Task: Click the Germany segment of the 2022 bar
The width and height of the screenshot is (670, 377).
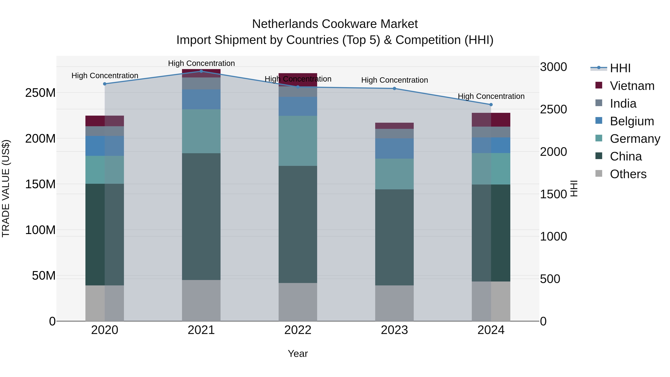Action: [x=298, y=141]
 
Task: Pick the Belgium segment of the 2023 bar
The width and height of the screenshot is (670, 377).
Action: [x=394, y=148]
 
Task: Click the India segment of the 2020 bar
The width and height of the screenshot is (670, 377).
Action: [x=105, y=131]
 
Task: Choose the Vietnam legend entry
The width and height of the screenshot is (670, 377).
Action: [x=632, y=86]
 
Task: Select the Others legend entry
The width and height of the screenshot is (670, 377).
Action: [x=628, y=174]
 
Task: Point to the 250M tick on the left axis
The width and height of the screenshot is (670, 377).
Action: [x=40, y=93]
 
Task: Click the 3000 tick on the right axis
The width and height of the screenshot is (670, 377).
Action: [x=553, y=67]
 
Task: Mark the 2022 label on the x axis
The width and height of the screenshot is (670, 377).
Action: [x=298, y=330]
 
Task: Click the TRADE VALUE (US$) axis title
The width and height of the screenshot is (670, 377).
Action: [x=6, y=188]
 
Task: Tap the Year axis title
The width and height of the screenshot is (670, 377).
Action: [x=298, y=354]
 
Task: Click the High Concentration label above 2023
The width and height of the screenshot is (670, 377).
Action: [x=394, y=80]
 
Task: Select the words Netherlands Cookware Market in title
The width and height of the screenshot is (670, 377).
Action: [x=335, y=24]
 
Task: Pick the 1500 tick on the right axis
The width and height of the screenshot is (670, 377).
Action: [x=553, y=194]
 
